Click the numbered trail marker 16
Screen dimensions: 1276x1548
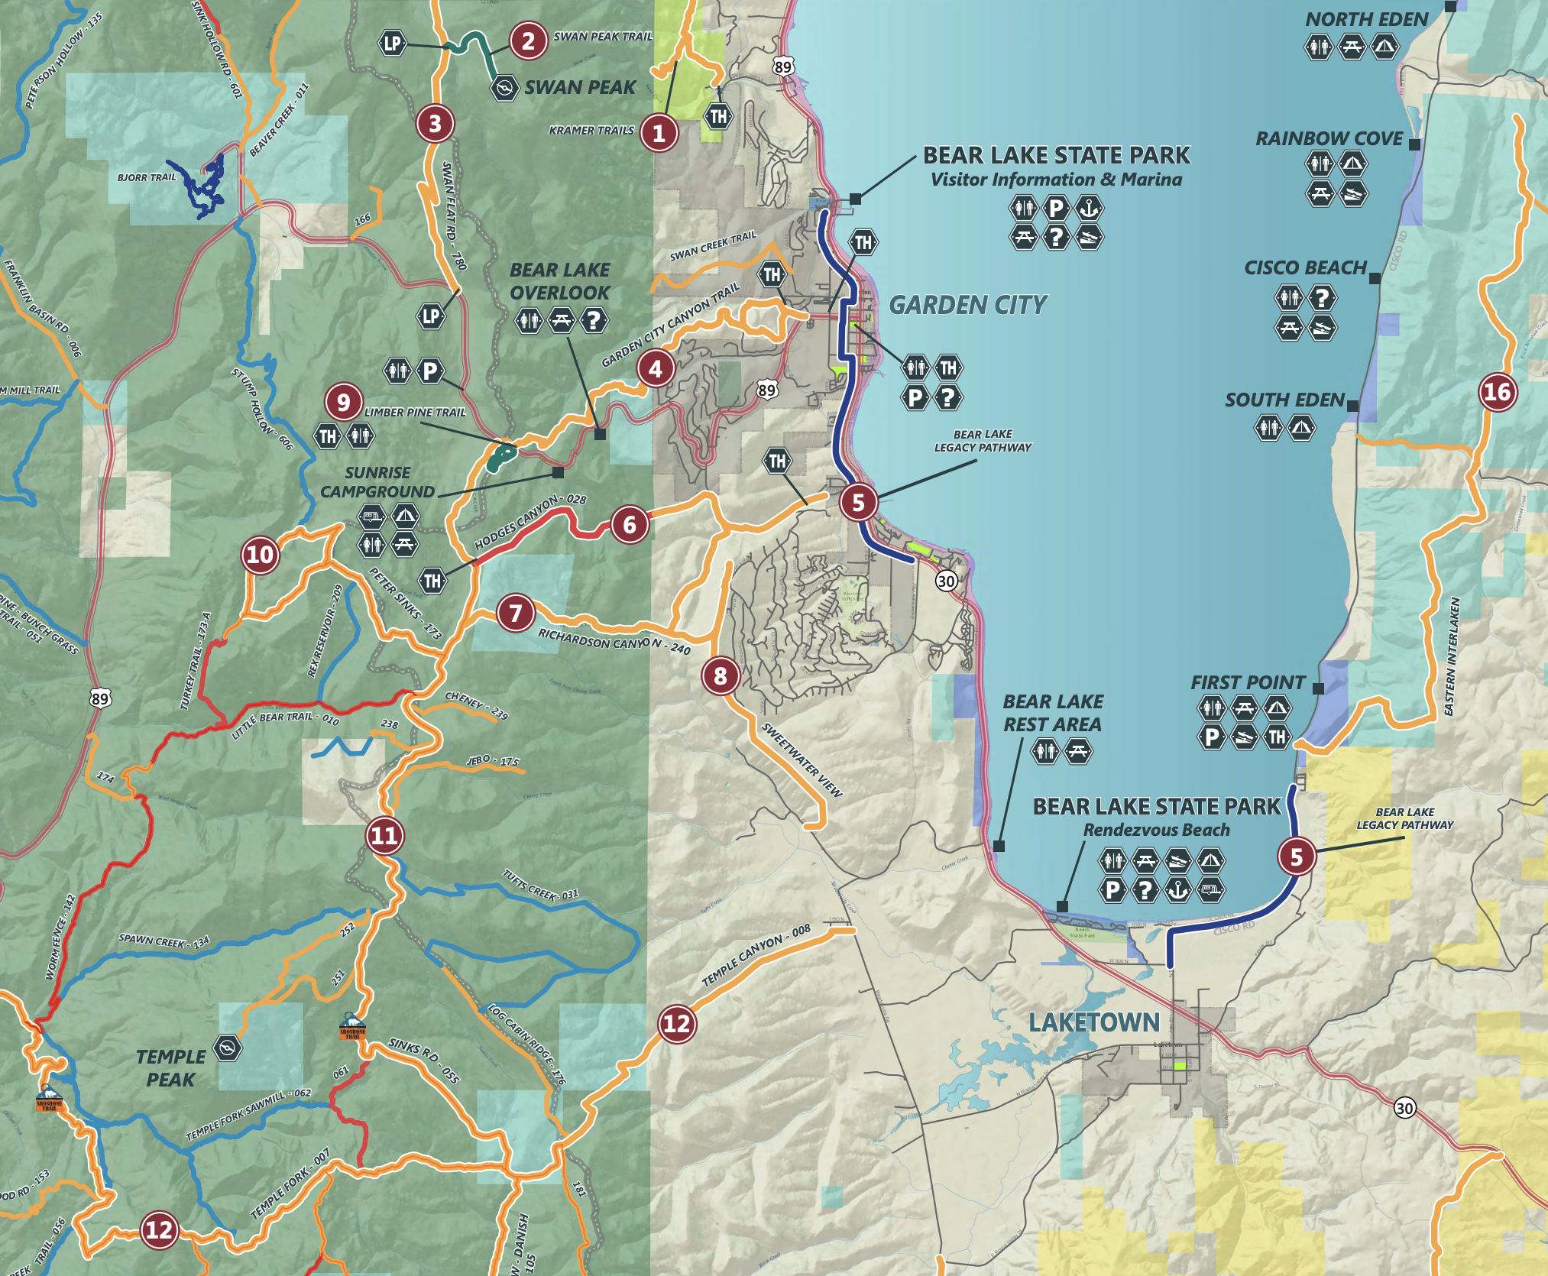coord(1497,392)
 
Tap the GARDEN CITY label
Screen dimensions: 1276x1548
coord(967,306)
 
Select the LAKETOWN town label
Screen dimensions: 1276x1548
coord(1093,1022)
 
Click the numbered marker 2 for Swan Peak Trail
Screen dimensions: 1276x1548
coord(528,40)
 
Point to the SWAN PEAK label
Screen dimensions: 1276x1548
coord(580,88)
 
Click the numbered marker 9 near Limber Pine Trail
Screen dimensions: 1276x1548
coord(343,401)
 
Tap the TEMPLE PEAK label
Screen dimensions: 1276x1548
coord(170,1068)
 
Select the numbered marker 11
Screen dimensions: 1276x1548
coord(384,835)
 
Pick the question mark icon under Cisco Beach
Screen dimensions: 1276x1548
coord(1322,298)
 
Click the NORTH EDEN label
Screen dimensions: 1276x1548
coord(1366,20)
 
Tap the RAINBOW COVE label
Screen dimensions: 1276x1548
coord(1329,139)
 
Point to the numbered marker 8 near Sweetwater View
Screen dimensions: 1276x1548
coord(720,675)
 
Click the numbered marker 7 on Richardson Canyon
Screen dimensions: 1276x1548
coord(516,613)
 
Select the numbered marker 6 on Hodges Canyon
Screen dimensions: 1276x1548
coord(629,525)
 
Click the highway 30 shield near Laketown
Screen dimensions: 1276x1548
coord(1404,1108)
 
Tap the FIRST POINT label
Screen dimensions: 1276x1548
coord(1247,682)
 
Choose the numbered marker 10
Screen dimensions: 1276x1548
coord(260,555)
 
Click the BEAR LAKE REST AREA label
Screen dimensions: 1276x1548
coord(1052,713)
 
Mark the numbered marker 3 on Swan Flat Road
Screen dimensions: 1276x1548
coord(435,123)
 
